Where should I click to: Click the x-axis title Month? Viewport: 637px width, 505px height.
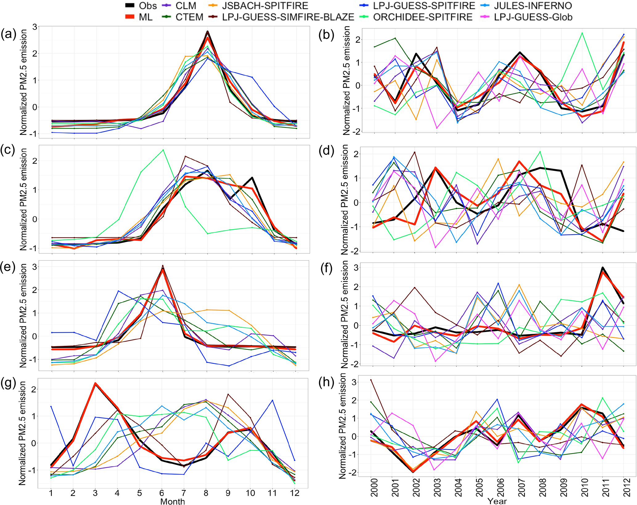click(x=172, y=501)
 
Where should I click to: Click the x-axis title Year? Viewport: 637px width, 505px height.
click(x=497, y=501)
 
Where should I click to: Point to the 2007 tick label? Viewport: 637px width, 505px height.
click(x=521, y=487)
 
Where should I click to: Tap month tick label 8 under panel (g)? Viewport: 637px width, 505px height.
click(x=206, y=493)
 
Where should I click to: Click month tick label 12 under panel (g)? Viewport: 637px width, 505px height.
click(x=295, y=493)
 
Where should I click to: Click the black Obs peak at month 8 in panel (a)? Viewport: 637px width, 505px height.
click(x=207, y=31)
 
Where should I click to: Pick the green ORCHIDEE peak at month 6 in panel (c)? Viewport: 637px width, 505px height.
click(x=163, y=150)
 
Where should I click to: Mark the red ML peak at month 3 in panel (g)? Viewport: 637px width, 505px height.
click(x=96, y=384)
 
